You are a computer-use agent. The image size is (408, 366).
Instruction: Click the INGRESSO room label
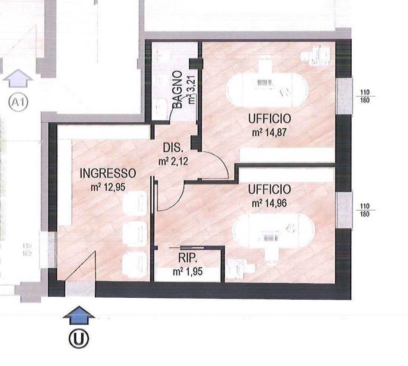tap(108, 173)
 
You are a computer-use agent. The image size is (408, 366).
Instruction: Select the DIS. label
tap(173, 149)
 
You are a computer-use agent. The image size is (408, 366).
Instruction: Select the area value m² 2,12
tap(173, 162)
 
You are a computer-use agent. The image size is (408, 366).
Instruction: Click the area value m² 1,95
tap(187, 272)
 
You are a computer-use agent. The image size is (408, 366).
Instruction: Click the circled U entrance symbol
tap(79, 339)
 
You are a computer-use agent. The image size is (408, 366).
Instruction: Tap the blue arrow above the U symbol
tap(79, 314)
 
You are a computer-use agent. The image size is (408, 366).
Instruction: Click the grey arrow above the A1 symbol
tap(18, 79)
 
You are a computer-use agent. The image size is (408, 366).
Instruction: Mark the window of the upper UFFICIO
tap(344, 96)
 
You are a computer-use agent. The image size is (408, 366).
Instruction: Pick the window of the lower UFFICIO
tap(344, 210)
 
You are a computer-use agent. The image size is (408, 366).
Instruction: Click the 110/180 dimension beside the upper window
tap(365, 96)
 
